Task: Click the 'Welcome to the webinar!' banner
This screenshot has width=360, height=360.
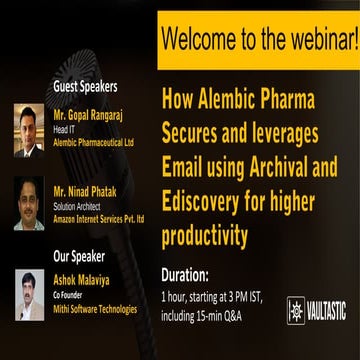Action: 258,40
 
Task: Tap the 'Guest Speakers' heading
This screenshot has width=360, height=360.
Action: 85,87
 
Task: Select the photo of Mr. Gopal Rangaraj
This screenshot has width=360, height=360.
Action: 28,130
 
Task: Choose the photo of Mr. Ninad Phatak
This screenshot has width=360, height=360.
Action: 28,205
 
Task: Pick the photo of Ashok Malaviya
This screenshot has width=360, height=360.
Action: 28,296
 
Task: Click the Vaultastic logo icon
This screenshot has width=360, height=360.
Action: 297,311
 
